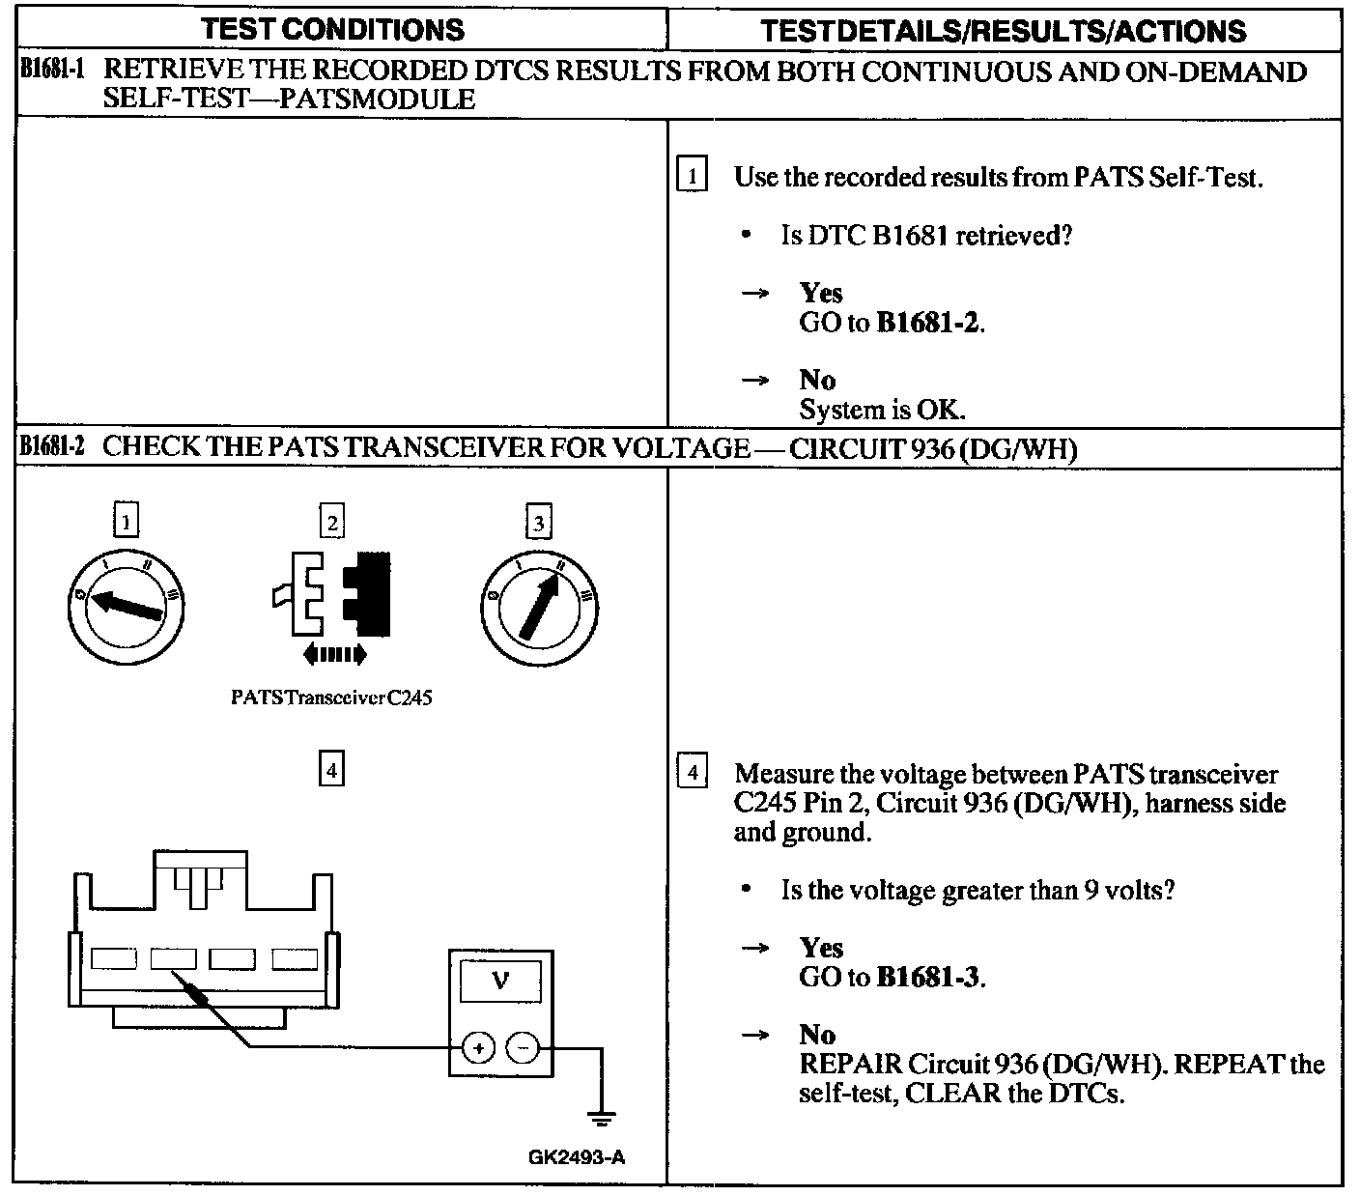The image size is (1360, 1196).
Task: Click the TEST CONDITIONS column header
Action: [x=332, y=29]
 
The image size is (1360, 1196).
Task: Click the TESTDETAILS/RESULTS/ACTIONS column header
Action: [x=1003, y=31]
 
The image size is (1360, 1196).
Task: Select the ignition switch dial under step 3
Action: [x=538, y=606]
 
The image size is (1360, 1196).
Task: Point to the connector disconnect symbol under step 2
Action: [x=334, y=606]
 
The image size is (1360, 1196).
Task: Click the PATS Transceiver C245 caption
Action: [x=331, y=698]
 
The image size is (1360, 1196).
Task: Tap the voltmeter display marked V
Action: [x=500, y=982]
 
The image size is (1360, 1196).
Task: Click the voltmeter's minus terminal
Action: [x=523, y=1047]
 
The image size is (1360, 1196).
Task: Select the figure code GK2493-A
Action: [x=577, y=1156]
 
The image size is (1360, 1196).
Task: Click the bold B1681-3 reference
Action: [x=929, y=977]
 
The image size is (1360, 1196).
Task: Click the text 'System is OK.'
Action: [x=882, y=410]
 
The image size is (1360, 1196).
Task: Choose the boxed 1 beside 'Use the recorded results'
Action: [x=692, y=177]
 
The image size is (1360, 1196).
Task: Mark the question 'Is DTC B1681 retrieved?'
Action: [x=926, y=235]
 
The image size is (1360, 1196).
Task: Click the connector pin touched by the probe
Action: [x=173, y=958]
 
